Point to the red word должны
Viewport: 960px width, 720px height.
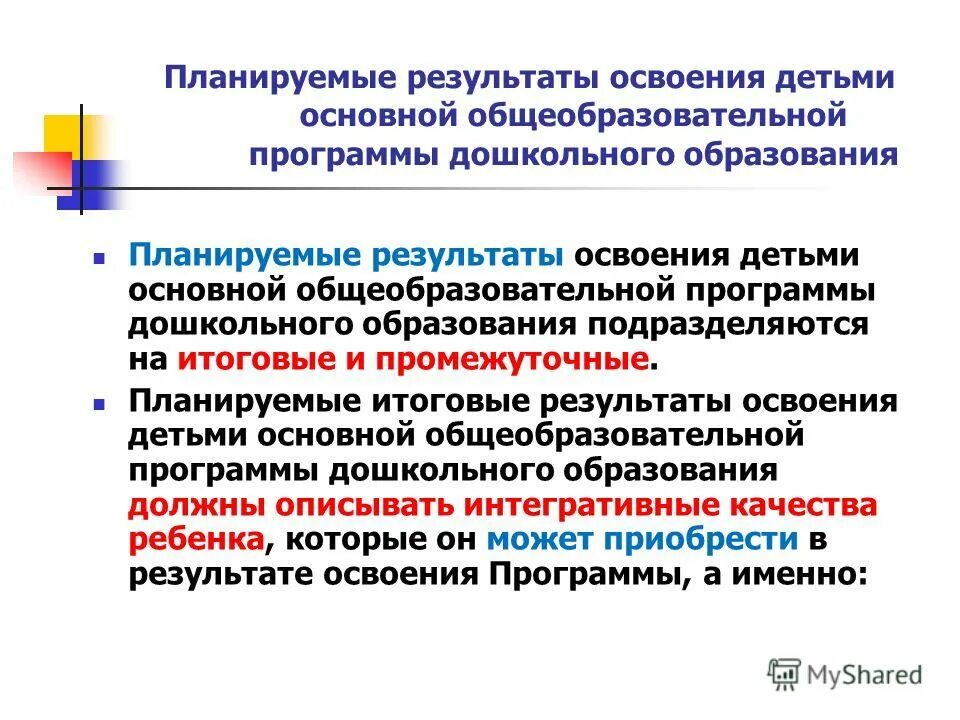point(186,505)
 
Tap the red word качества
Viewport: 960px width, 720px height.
point(808,505)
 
